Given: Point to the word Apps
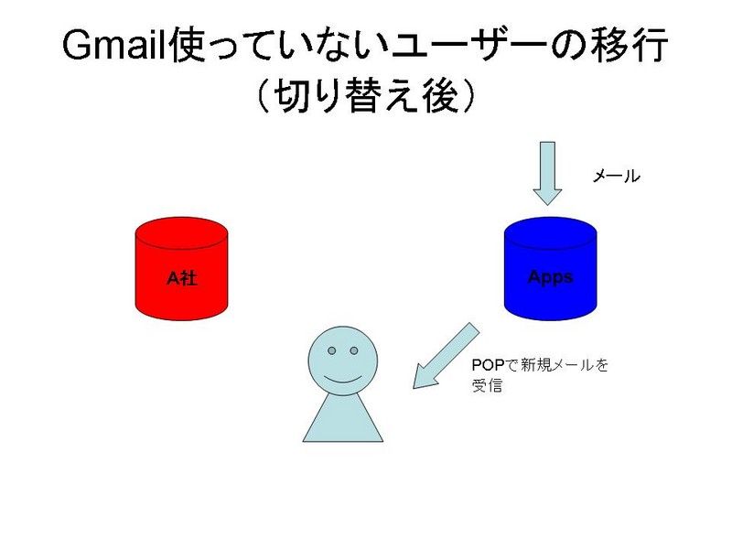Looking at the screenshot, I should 551,277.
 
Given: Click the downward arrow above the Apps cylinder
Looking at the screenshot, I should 548,174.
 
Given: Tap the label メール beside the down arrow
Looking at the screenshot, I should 616,177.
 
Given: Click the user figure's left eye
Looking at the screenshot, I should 331,350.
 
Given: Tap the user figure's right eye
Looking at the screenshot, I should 354,350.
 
